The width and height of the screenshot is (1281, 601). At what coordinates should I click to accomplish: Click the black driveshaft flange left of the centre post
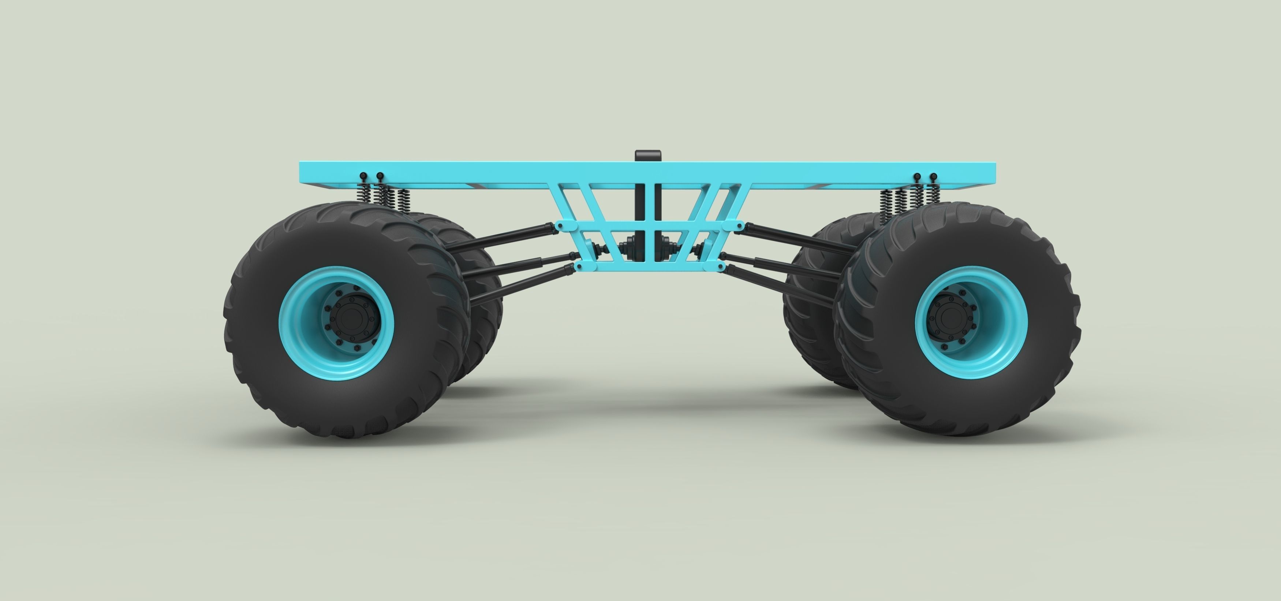628,247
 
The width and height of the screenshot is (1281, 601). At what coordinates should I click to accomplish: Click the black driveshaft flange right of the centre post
667,247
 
